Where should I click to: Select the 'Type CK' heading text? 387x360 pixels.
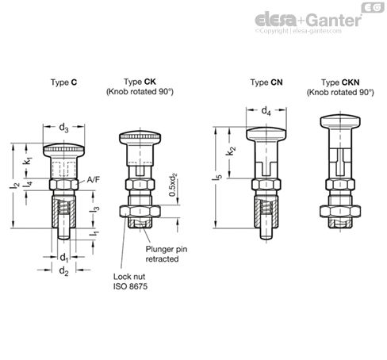pos(139,82)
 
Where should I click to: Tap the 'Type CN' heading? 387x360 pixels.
pos(263,82)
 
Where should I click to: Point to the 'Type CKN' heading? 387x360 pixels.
pos(340,82)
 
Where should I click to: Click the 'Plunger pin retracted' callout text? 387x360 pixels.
pos(167,253)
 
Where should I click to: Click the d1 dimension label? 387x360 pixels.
pos(63,257)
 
